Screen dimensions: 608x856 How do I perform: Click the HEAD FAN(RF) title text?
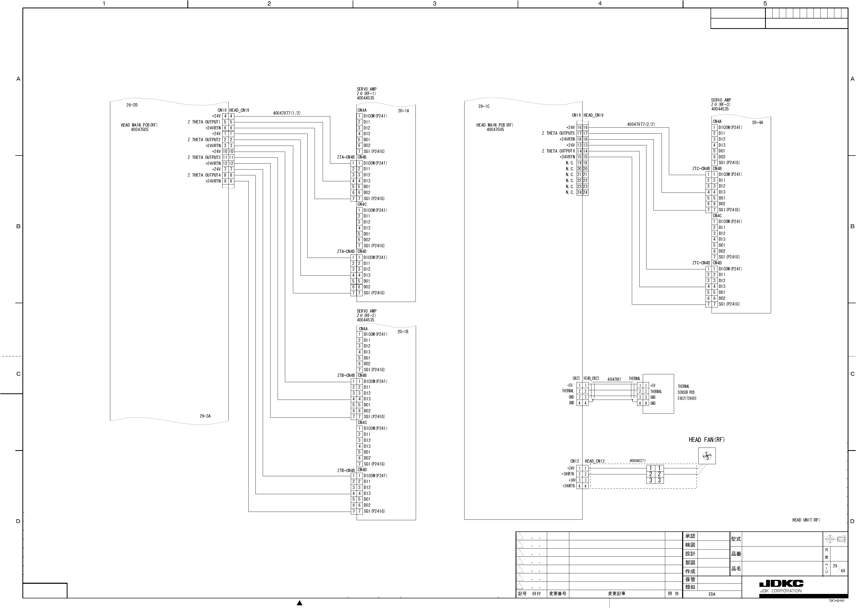point(707,440)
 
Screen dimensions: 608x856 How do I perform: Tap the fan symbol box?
point(707,456)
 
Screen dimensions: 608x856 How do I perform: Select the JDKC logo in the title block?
point(781,584)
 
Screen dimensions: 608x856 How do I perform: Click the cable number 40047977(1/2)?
point(286,113)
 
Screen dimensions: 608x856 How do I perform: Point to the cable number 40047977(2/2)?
point(641,124)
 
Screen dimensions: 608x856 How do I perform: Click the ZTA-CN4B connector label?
point(345,157)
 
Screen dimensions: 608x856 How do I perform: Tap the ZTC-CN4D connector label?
point(701,263)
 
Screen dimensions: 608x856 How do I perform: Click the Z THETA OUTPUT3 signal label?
point(204,158)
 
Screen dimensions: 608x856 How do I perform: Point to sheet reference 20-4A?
point(757,122)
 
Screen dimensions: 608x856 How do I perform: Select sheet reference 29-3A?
point(205,416)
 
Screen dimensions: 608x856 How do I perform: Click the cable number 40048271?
point(637,461)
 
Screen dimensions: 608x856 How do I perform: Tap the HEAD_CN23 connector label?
point(591,379)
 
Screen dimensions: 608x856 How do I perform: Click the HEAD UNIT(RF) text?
point(806,520)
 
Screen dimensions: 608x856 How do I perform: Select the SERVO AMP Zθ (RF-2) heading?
point(366,316)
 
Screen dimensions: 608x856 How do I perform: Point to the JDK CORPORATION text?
point(780,591)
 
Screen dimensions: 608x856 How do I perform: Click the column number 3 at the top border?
point(435,4)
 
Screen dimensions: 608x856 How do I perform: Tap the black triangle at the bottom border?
point(299,603)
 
